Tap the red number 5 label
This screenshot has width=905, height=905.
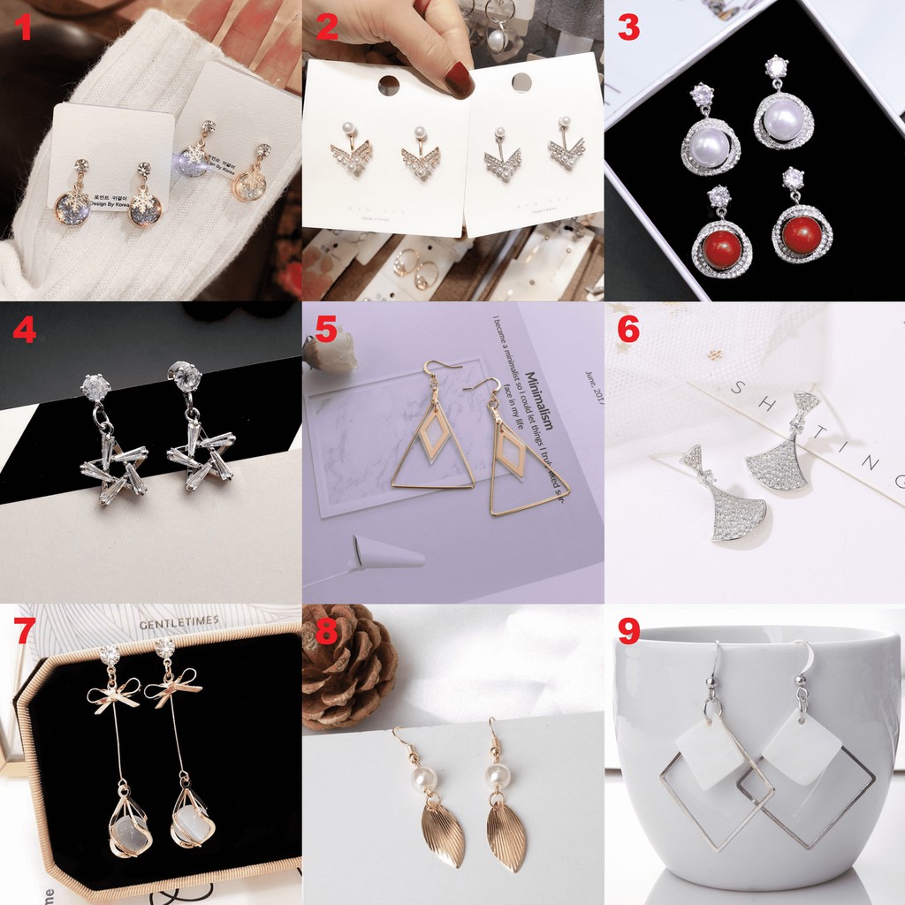click(x=325, y=331)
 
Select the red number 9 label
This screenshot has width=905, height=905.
click(x=627, y=632)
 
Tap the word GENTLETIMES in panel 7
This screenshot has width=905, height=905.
click(x=179, y=621)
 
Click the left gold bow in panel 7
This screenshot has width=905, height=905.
click(x=112, y=695)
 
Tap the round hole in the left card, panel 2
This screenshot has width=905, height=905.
click(x=388, y=85)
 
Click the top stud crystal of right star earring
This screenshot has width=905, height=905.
click(x=184, y=375)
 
